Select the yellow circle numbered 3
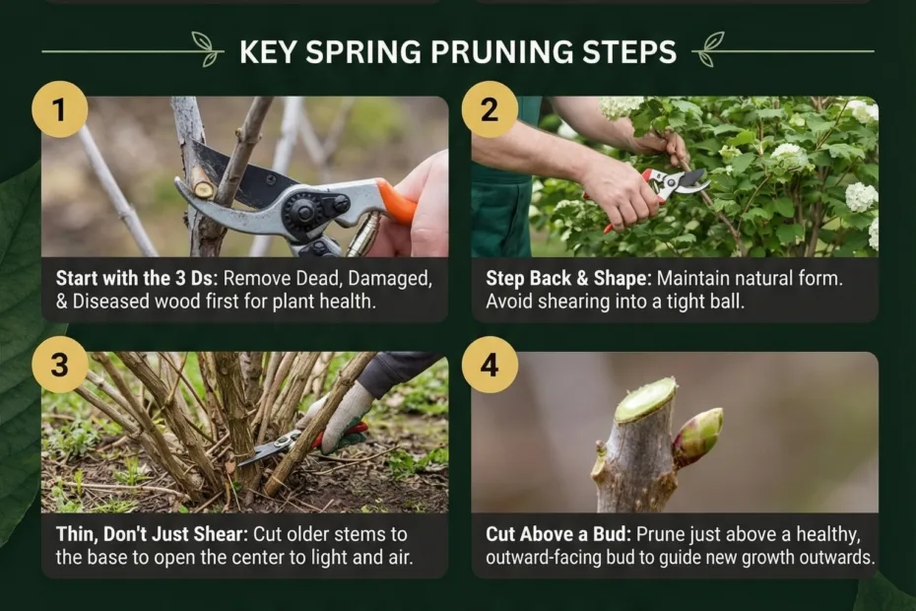point(59,364)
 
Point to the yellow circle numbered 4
point(490,364)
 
